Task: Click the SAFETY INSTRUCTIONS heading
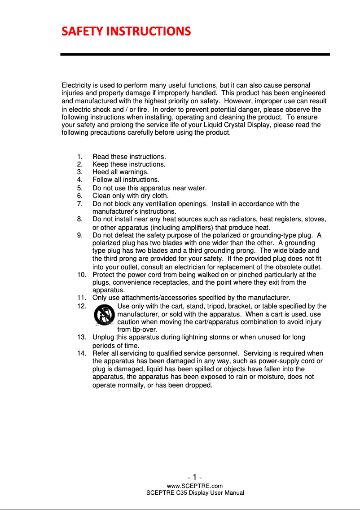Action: [x=126, y=31]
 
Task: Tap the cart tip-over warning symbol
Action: [x=104, y=315]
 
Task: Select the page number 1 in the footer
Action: [x=195, y=477]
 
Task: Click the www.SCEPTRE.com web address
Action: [x=195, y=486]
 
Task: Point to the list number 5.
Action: [x=79, y=188]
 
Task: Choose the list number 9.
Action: [x=79, y=235]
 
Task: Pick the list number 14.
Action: [x=81, y=354]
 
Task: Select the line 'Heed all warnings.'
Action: [x=120, y=172]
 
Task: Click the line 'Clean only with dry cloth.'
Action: [x=130, y=196]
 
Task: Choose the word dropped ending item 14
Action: [x=199, y=385]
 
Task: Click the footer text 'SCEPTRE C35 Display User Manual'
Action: [x=195, y=493]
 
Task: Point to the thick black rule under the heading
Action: [x=195, y=54]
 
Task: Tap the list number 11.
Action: [x=81, y=298]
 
